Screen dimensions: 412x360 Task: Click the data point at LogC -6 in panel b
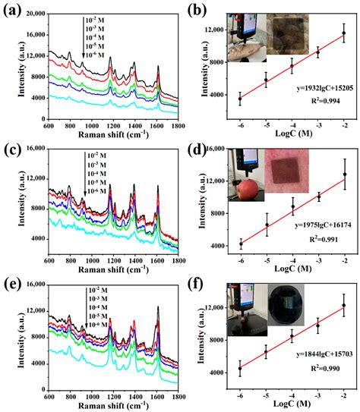point(240,99)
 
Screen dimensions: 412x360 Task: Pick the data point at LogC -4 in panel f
point(292,336)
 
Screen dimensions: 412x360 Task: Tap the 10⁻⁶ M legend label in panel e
point(96,324)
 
